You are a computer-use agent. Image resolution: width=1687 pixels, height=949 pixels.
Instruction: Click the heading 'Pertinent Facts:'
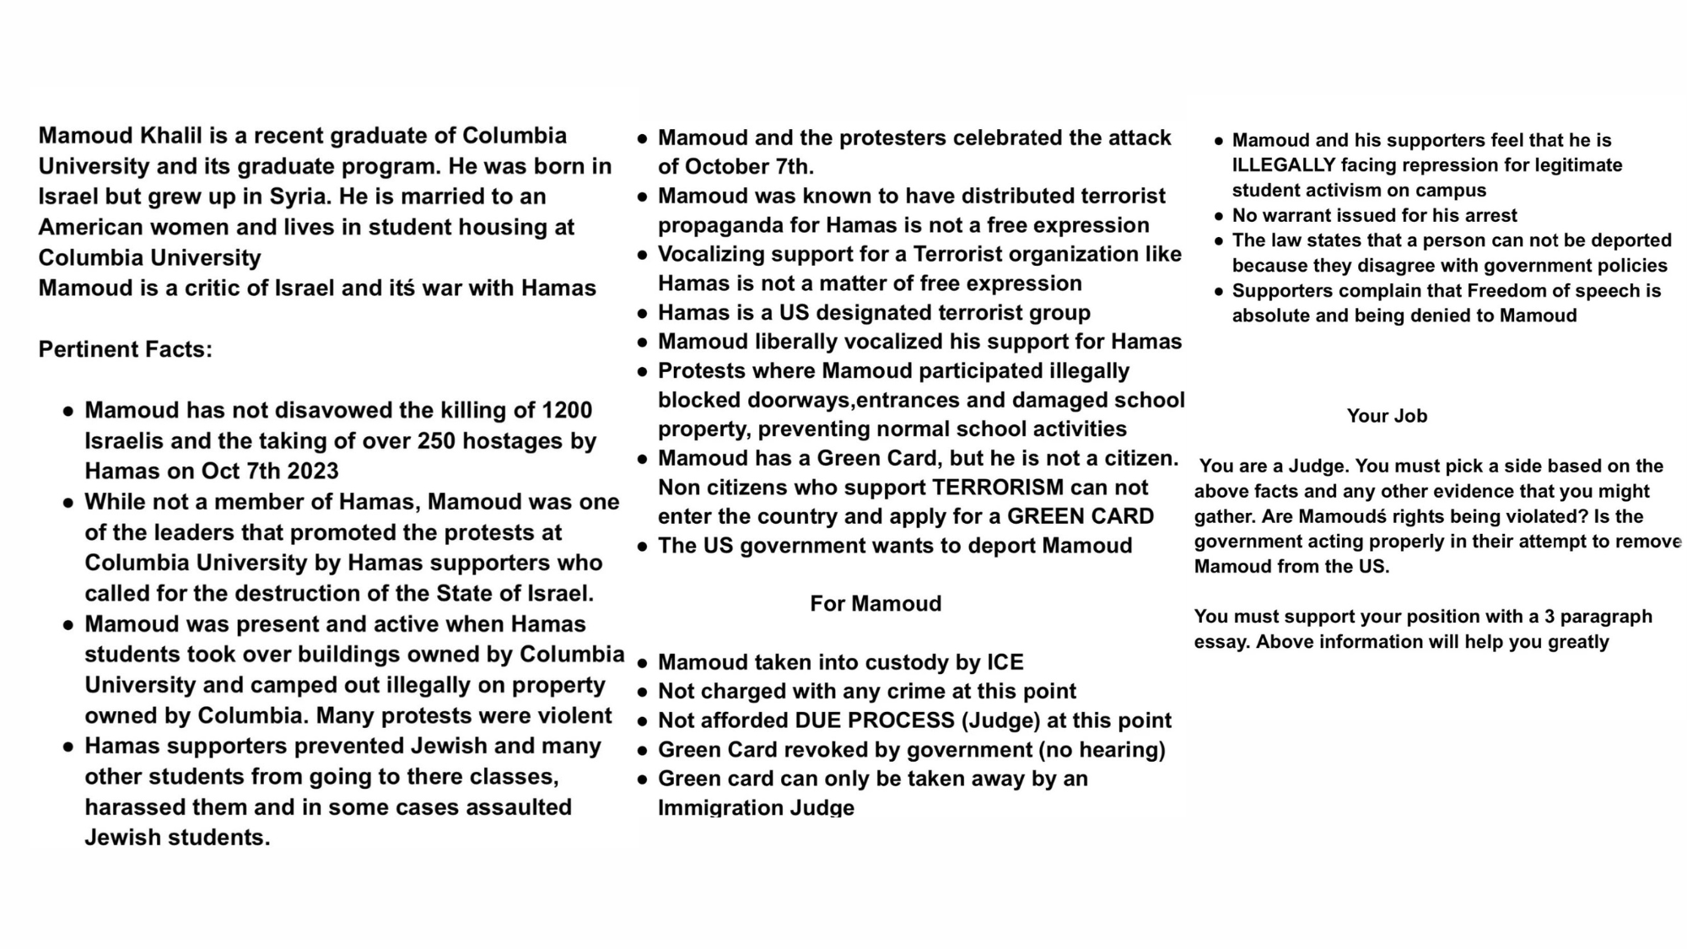tap(125, 349)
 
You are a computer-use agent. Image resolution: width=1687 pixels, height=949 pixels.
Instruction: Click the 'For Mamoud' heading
tap(876, 604)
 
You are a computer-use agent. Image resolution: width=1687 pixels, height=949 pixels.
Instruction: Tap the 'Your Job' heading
tap(1387, 416)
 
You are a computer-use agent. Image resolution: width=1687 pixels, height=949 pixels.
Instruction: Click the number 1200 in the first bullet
tap(567, 411)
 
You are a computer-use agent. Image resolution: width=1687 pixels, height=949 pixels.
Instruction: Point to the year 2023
tap(312, 472)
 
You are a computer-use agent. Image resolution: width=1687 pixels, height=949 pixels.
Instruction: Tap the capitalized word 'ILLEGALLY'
tap(1284, 165)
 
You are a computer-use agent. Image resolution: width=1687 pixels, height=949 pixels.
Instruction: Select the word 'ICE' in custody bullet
tap(1005, 662)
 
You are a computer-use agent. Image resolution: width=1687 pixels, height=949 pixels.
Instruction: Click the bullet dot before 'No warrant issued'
tap(1219, 217)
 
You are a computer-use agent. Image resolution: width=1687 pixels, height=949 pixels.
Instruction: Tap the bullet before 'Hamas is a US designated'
tap(643, 314)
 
